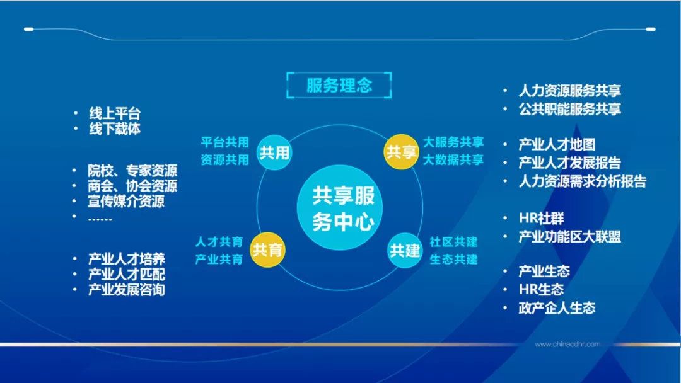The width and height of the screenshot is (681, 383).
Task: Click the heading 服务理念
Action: pos(339,85)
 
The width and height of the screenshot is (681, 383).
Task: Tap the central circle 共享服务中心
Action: pos(344,204)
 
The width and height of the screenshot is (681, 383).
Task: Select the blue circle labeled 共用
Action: pos(274,152)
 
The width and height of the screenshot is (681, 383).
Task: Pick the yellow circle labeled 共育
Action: pos(267,250)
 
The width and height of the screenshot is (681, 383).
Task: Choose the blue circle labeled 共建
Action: pos(405,250)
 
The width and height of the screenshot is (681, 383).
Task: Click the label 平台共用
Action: pos(224,142)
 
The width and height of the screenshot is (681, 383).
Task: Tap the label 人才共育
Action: pos(219,241)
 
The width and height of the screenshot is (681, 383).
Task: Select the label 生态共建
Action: pos(453,259)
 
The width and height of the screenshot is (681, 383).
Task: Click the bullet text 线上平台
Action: pos(114,113)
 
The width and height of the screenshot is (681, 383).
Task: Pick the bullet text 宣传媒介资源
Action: pos(126,202)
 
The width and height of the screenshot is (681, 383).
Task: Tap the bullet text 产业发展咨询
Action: pos(126,290)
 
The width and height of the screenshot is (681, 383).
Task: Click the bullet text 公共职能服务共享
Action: pos(569,109)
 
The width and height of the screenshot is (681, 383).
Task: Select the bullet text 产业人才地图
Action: pos(557,145)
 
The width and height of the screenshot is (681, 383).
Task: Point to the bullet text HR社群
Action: pos(541,219)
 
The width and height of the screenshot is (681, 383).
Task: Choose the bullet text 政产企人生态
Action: pos(557,308)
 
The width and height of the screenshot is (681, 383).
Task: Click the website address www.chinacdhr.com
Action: pos(567,344)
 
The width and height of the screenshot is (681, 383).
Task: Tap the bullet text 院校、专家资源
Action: pos(132,170)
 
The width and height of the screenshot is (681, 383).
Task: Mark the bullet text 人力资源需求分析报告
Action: pos(582,181)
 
